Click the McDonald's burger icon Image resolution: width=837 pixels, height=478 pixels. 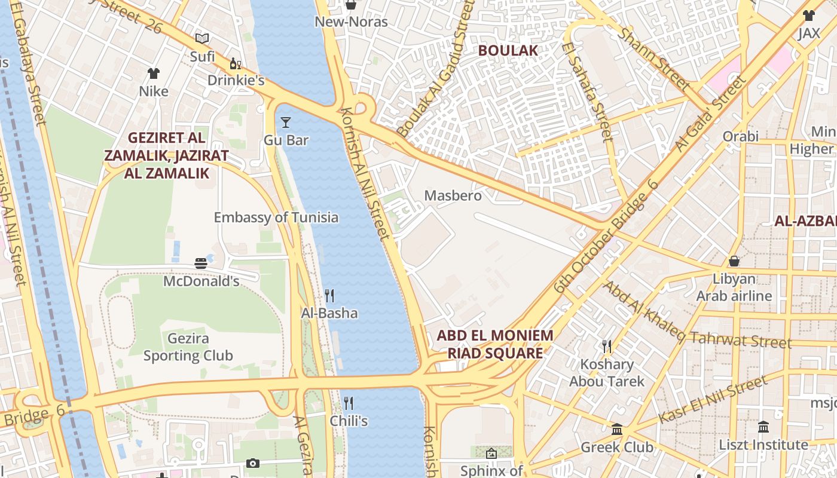click(x=201, y=263)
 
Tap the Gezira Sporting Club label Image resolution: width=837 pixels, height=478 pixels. click(x=188, y=347)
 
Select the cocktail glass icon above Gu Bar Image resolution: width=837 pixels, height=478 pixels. click(x=286, y=122)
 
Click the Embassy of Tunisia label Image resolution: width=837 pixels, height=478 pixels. click(x=276, y=217)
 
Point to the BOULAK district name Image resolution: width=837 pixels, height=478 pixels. click(x=508, y=51)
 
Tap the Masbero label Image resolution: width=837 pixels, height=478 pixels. click(x=453, y=195)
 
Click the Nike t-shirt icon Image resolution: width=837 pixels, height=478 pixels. click(x=154, y=73)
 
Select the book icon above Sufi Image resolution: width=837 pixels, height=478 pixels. click(x=202, y=39)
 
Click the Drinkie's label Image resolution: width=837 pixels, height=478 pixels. click(x=236, y=80)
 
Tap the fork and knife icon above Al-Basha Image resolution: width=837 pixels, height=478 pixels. click(x=329, y=295)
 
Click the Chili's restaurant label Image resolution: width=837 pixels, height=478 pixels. click(x=349, y=421)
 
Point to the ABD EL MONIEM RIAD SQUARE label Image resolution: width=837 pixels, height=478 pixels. click(x=495, y=344)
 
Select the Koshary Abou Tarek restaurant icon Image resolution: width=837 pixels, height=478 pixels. click(x=607, y=346)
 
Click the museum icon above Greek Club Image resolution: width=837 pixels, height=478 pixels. click(x=617, y=429)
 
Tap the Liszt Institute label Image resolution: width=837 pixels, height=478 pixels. click(x=763, y=445)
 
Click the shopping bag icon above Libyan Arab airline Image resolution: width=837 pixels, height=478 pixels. click(x=734, y=261)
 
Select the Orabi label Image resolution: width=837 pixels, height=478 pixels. click(x=740, y=136)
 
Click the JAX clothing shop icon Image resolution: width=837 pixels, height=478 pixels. click(x=808, y=16)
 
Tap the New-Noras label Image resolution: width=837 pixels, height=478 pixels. click(x=351, y=22)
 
